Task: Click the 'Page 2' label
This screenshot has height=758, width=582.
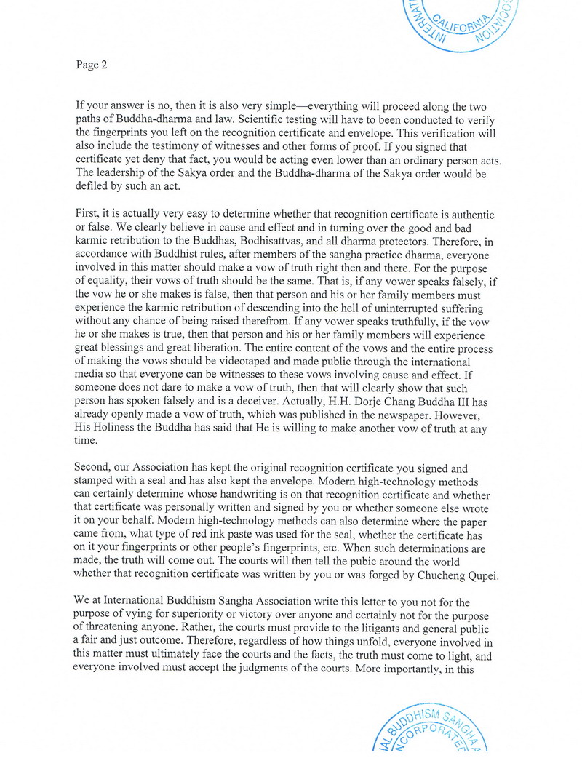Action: coord(91,65)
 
